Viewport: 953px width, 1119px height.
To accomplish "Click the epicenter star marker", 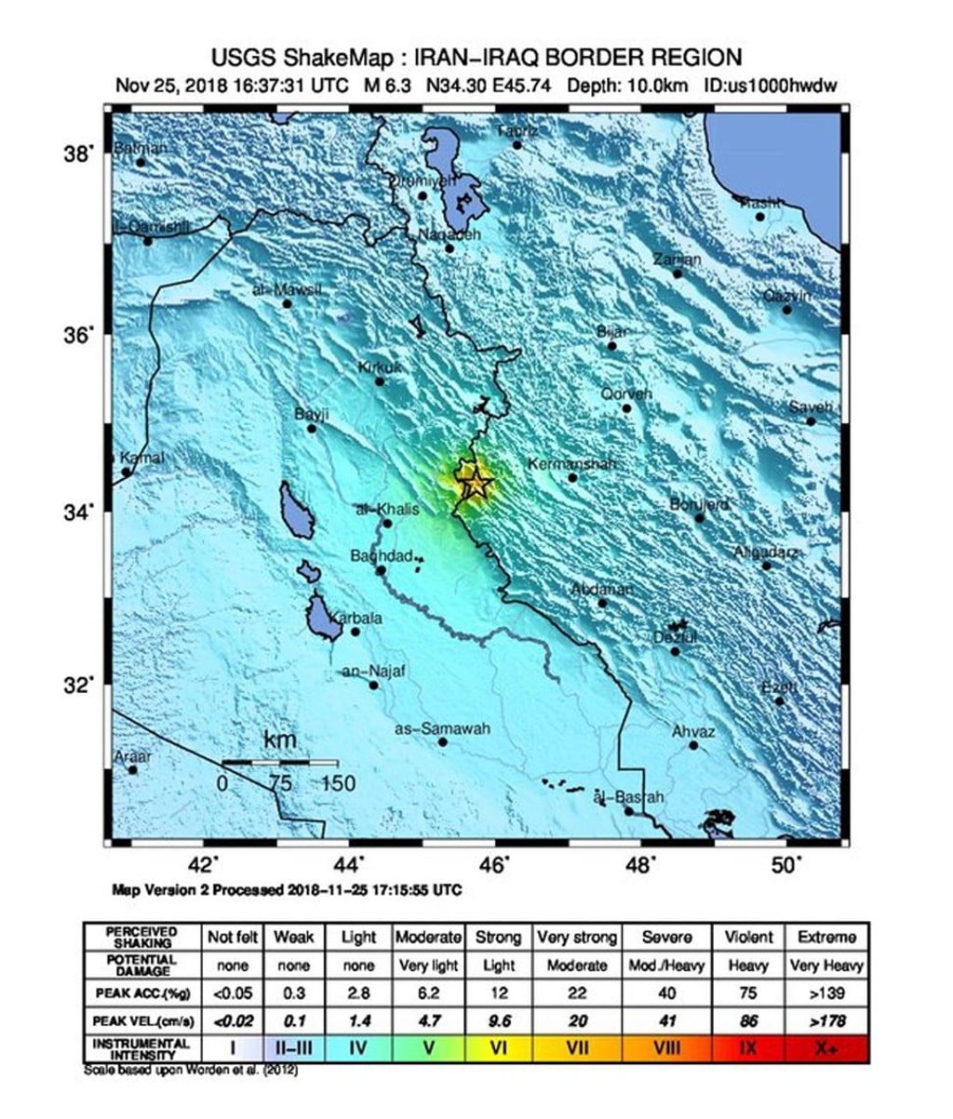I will tap(476, 483).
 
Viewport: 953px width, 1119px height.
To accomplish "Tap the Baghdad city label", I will tap(381, 556).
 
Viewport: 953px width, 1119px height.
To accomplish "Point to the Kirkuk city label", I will tap(381, 368).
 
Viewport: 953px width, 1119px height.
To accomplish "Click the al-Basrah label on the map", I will tap(629, 797).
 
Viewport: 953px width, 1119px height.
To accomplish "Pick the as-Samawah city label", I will tap(443, 729).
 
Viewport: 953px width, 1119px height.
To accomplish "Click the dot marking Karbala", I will tap(355, 632).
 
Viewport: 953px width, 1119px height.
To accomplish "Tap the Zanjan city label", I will tap(677, 260).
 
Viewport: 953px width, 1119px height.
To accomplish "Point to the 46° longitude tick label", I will tap(494, 865).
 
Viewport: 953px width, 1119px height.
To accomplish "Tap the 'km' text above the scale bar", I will tap(280, 740).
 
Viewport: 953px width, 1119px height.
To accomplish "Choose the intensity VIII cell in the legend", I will tap(666, 1047).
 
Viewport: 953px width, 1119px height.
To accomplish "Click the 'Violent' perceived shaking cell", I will tap(747, 938).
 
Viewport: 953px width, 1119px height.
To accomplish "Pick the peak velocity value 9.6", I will tap(498, 1020).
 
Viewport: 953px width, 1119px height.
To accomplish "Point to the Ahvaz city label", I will tap(693, 733).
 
